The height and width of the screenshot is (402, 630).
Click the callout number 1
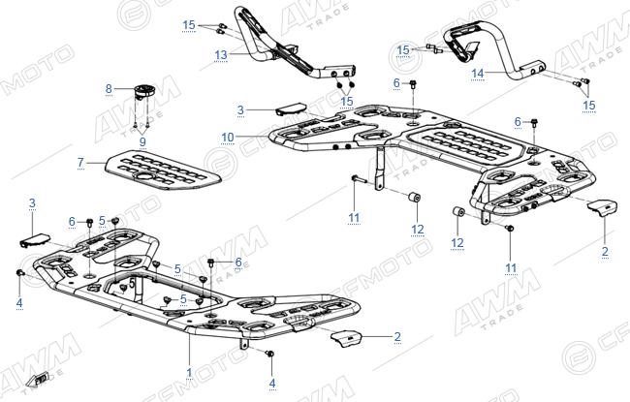click(189, 373)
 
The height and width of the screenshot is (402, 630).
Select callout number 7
click(80, 162)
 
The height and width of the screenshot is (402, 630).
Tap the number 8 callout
click(109, 88)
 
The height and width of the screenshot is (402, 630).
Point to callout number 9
click(142, 141)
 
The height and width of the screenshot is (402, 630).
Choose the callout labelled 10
click(228, 138)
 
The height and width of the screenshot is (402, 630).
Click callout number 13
click(221, 54)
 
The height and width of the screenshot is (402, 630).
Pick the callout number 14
click(478, 74)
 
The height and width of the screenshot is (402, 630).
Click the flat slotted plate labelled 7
click(163, 170)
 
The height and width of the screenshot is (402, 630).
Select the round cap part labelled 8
click(144, 91)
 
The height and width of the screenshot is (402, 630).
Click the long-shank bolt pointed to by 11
click(359, 179)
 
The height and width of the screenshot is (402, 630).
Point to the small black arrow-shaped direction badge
click(40, 379)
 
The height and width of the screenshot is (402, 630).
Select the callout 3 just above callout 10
click(240, 109)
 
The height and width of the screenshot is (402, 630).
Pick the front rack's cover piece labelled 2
click(347, 339)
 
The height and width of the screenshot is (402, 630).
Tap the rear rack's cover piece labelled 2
click(602, 208)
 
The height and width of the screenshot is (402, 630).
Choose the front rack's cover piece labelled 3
click(35, 240)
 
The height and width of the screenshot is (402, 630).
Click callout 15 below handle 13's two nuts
click(347, 101)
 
